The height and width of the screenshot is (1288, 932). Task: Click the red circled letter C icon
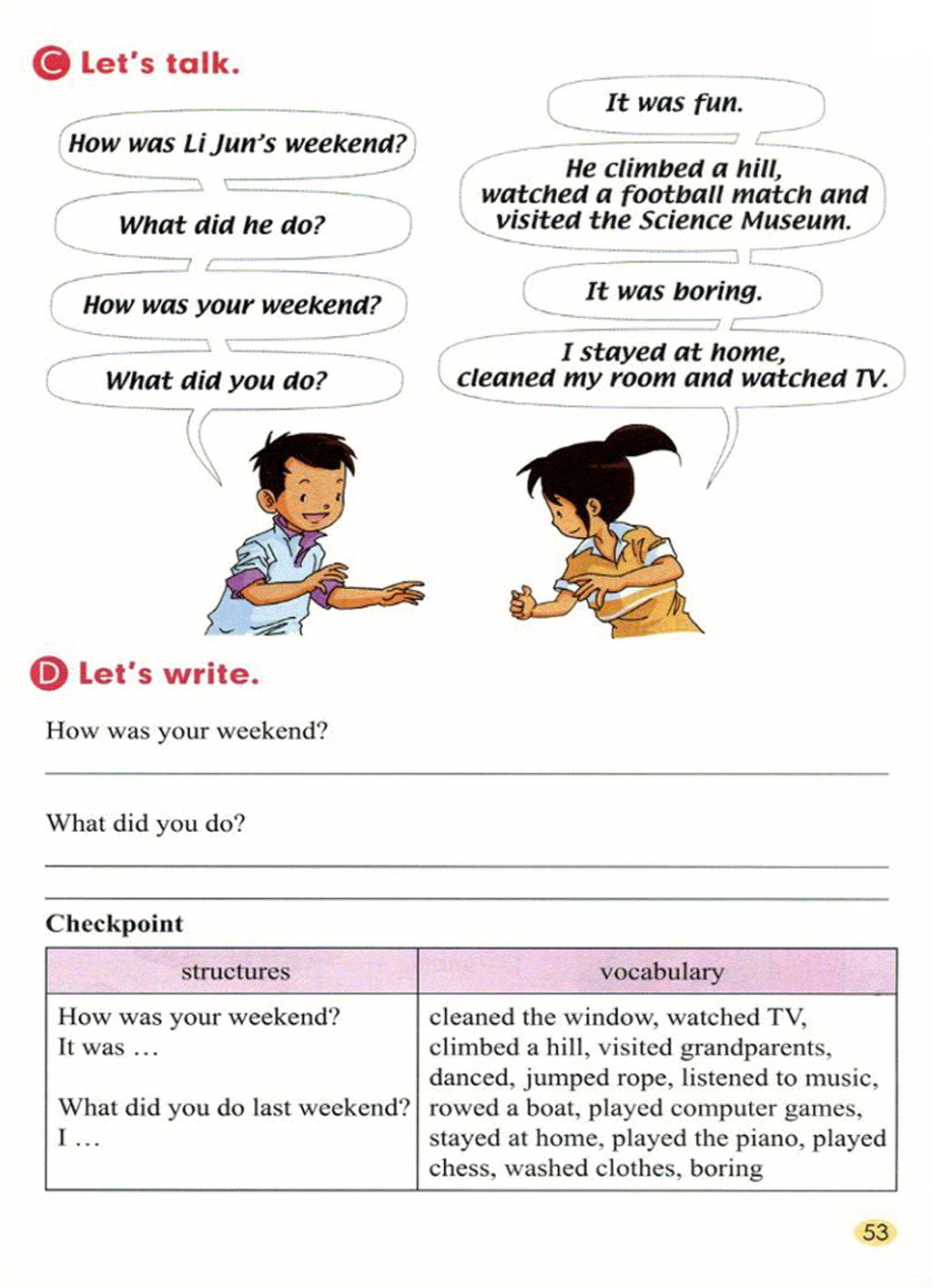click(x=50, y=63)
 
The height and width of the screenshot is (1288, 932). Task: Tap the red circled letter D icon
click(x=48, y=674)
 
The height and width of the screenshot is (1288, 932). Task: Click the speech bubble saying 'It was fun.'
click(x=674, y=103)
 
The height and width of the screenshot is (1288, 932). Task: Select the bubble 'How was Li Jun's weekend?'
click(x=237, y=144)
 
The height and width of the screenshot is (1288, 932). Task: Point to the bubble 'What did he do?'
click(x=221, y=225)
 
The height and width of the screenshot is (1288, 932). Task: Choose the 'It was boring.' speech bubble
click(x=674, y=291)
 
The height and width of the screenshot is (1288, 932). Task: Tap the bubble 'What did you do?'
click(x=217, y=380)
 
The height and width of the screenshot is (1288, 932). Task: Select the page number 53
click(x=875, y=1232)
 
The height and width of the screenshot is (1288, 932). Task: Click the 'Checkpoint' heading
click(x=115, y=923)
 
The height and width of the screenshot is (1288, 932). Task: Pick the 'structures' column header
click(x=235, y=971)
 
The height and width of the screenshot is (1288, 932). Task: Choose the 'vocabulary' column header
click(x=662, y=971)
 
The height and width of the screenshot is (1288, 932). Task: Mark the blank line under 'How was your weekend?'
click(x=466, y=773)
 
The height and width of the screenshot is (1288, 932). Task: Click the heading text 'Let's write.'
click(x=168, y=674)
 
